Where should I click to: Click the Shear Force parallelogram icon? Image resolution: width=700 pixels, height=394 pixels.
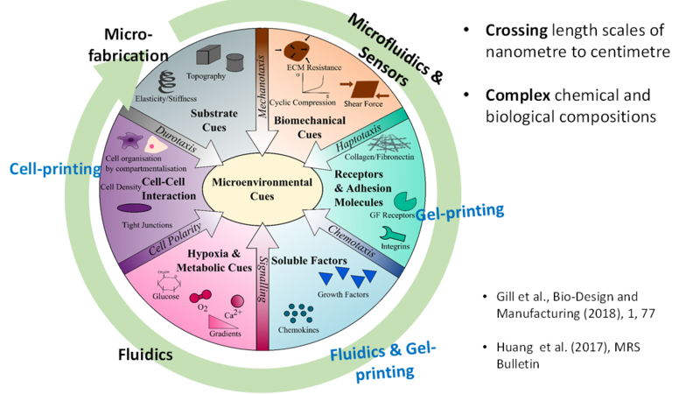[x=361, y=88]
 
